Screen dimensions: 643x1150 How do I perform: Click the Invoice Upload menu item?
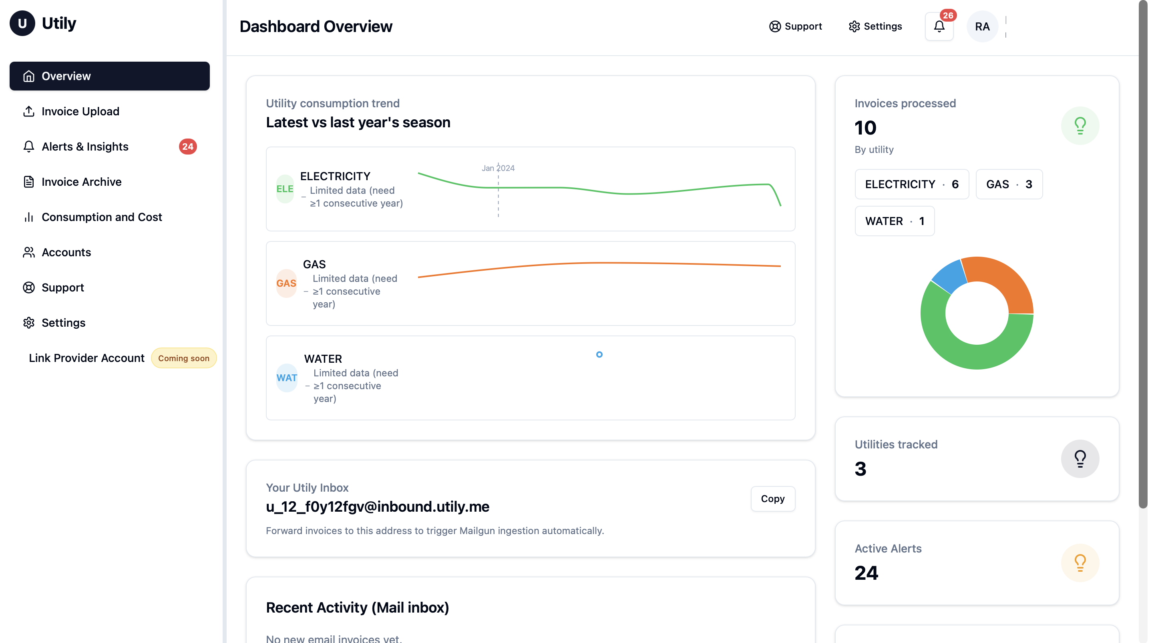(x=80, y=111)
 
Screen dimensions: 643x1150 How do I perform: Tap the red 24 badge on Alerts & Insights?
(x=187, y=147)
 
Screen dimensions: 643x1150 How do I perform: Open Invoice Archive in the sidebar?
(x=81, y=182)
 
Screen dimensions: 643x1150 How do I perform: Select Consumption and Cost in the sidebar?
(x=101, y=217)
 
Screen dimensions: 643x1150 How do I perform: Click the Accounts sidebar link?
(x=66, y=252)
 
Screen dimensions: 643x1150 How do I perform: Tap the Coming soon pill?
(x=183, y=358)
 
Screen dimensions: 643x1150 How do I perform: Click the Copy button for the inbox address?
(x=772, y=499)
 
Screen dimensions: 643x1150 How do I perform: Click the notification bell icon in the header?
(x=939, y=27)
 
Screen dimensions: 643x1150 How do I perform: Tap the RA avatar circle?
(x=982, y=27)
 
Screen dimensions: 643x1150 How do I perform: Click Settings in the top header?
(x=875, y=26)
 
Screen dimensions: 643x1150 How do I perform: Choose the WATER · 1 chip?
(x=894, y=221)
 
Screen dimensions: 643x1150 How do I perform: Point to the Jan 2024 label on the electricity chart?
(x=498, y=168)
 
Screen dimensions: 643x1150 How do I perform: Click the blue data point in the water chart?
(x=599, y=355)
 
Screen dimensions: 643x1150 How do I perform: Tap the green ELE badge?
(x=284, y=189)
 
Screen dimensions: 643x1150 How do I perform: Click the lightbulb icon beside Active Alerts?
(x=1080, y=563)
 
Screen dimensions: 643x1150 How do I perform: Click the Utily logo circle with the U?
(x=22, y=23)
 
